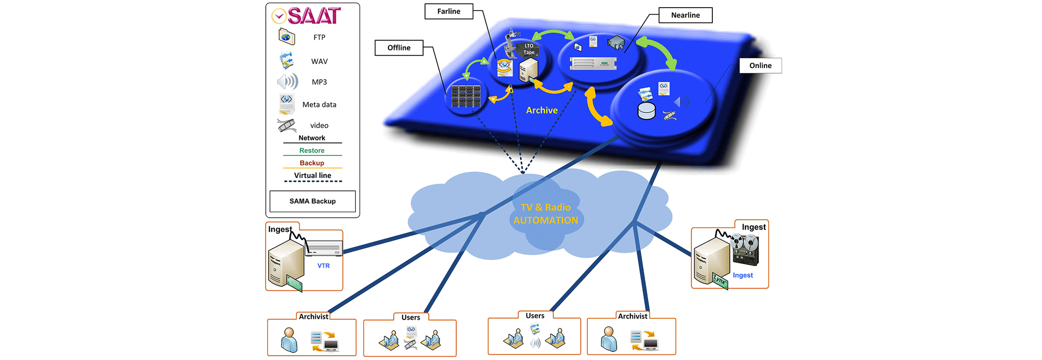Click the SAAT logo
pyautogui.click(x=306, y=16)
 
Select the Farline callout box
pyautogui.click(x=449, y=11)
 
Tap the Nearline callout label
pyautogui.click(x=685, y=15)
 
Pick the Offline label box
pyautogui.click(x=399, y=48)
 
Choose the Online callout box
pyautogui.click(x=760, y=66)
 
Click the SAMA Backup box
pyautogui.click(x=313, y=201)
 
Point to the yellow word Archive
pyautogui.click(x=541, y=110)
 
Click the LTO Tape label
pyautogui.click(x=529, y=49)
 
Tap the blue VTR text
pyautogui.click(x=323, y=266)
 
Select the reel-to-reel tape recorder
pyautogui.click(x=746, y=250)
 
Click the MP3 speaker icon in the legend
pyautogui.click(x=287, y=82)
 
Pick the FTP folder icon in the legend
pyautogui.click(x=287, y=37)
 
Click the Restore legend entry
pyautogui.click(x=312, y=151)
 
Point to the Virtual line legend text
pyautogui.click(x=313, y=176)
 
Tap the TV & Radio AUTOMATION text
pyautogui.click(x=546, y=214)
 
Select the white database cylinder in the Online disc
pyautogui.click(x=647, y=111)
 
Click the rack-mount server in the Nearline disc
pyautogui.click(x=593, y=63)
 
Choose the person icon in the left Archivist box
pyautogui.click(x=289, y=340)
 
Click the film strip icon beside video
pyautogui.click(x=287, y=126)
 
